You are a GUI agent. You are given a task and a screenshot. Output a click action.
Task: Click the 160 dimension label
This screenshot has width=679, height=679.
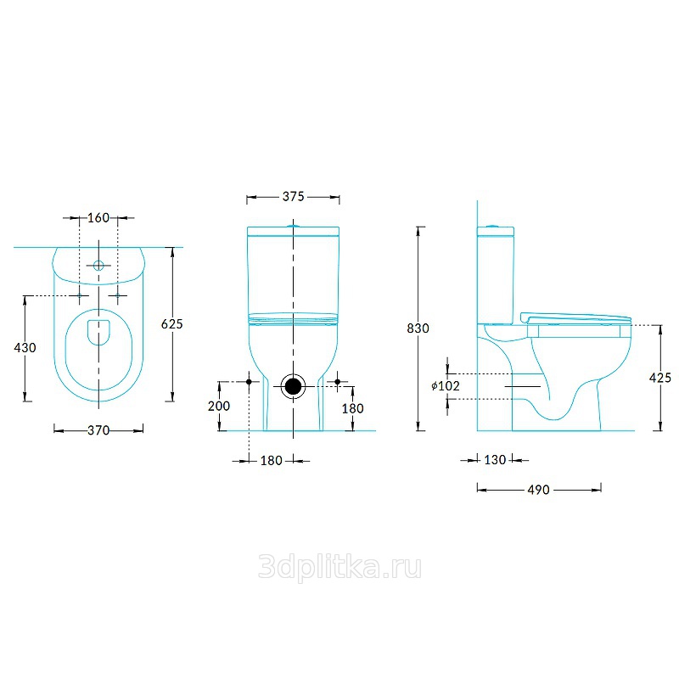pyautogui.click(x=98, y=217)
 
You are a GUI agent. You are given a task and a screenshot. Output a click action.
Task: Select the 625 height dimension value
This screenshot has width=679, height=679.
pyautogui.click(x=172, y=324)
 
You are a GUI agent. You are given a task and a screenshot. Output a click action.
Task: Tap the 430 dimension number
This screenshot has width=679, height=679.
pyautogui.click(x=25, y=348)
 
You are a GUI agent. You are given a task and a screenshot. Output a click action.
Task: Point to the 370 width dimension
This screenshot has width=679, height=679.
pyautogui.click(x=98, y=430)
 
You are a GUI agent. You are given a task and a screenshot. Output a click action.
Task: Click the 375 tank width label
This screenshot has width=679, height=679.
pyautogui.click(x=293, y=197)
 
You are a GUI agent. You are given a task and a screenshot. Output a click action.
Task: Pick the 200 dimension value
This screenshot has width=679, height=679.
pyautogui.click(x=219, y=407)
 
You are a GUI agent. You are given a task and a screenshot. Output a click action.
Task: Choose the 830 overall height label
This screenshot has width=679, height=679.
pyautogui.click(x=418, y=328)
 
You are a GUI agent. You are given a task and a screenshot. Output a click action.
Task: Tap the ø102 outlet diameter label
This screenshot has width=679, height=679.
pyautogui.click(x=446, y=386)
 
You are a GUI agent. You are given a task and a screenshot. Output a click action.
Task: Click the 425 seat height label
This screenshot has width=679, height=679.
pyautogui.click(x=660, y=378)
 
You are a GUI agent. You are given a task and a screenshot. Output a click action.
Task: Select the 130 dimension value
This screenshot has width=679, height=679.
pyautogui.click(x=495, y=460)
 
